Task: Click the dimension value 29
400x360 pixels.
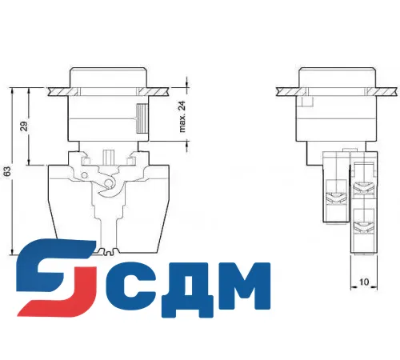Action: click(x=24, y=126)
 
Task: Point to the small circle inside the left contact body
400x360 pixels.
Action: click(x=105, y=187)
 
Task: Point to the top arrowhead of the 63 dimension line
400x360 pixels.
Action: click(x=14, y=92)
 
